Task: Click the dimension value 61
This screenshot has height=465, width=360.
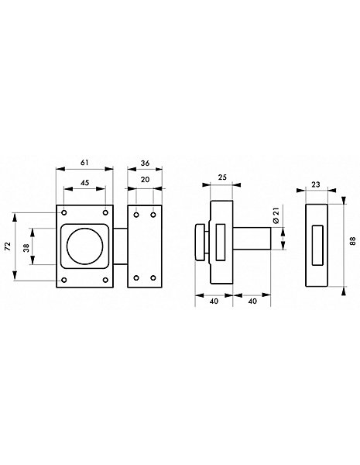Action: click(84, 163)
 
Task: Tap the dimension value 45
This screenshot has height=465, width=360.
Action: click(85, 183)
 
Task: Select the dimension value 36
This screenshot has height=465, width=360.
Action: click(146, 163)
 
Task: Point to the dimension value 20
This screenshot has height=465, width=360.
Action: click(146, 180)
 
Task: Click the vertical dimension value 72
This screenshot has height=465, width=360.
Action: click(8, 246)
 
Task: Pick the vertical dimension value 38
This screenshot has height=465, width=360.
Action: click(26, 248)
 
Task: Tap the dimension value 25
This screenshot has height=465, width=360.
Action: click(222, 177)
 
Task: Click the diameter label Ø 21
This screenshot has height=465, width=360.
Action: click(276, 215)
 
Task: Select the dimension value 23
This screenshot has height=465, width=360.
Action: click(316, 184)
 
